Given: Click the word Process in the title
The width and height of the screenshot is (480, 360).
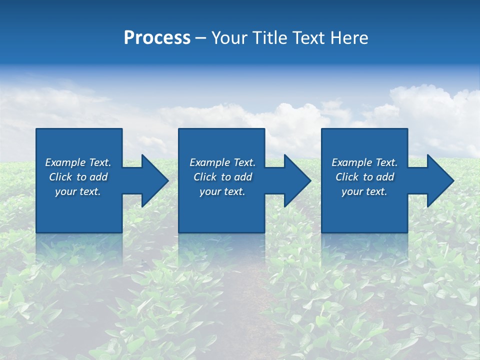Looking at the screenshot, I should coord(157,38).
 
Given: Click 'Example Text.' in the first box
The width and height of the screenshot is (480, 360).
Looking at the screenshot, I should coord(78,162).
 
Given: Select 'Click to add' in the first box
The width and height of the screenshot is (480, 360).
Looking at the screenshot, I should coord(78,177).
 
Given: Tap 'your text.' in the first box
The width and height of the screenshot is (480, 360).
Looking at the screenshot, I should coord(78,191).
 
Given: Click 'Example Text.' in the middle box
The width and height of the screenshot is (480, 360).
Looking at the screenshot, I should coord(222,162).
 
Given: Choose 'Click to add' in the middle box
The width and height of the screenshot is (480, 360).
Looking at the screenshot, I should coord(222,177).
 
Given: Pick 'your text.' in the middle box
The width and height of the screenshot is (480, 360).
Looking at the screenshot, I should coord(222,191).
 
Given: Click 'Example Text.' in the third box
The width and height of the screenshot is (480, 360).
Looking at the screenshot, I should coord(364,162).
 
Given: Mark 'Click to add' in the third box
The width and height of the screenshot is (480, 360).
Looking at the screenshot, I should coord(364,177).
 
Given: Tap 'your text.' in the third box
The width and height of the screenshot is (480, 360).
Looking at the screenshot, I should coord(364,191).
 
